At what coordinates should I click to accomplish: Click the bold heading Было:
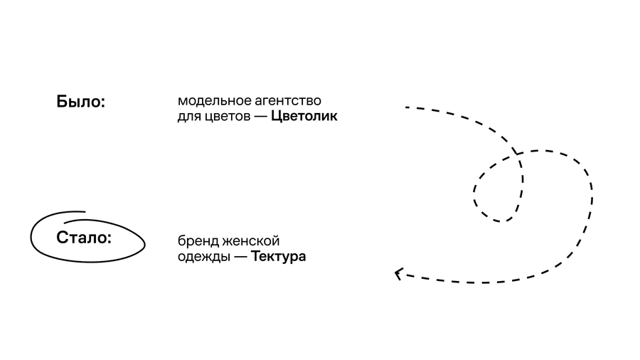point(81,102)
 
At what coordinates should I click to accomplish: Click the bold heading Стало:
point(84,238)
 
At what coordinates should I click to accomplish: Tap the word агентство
point(288,101)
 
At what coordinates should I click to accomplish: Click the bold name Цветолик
point(304,117)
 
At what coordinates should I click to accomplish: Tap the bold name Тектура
point(278,257)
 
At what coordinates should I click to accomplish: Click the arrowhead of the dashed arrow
point(397,273)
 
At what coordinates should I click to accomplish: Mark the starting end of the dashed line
point(406,107)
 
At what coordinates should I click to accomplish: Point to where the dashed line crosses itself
point(517,154)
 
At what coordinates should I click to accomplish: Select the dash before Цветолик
point(261,117)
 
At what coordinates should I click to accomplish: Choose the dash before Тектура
point(240,257)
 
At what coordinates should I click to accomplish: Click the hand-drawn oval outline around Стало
point(87,262)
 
